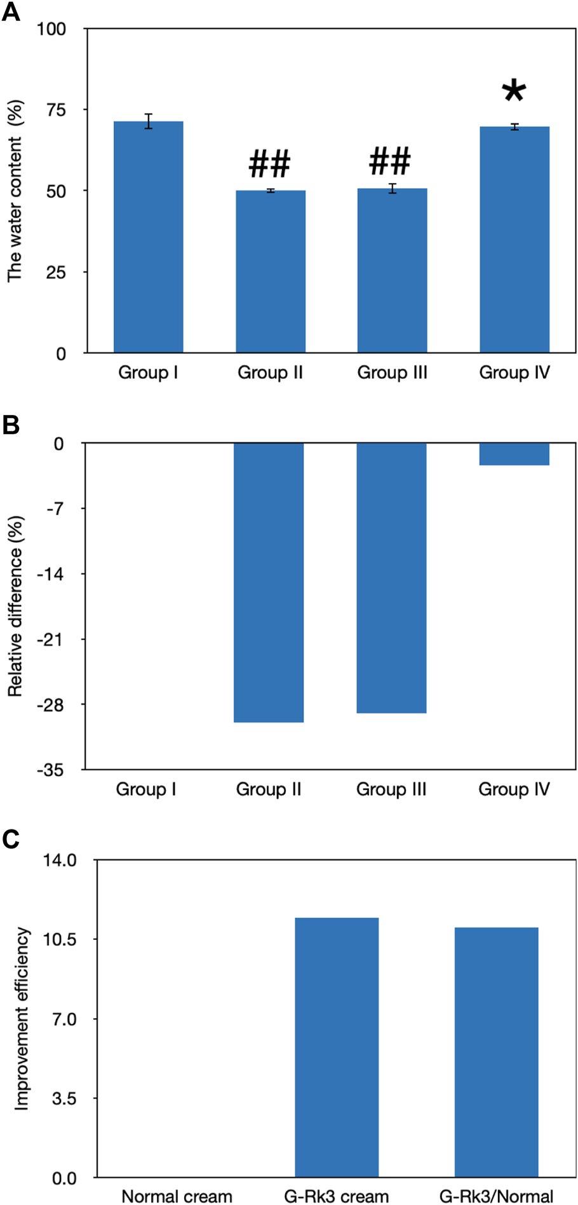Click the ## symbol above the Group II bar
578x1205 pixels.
point(269,165)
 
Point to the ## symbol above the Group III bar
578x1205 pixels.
point(390,161)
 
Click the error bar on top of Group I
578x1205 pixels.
point(148,121)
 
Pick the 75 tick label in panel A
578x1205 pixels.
point(56,110)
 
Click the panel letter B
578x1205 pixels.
point(11,425)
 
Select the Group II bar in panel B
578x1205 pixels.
point(269,582)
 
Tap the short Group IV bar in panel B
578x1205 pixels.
point(514,454)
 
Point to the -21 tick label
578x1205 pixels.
point(50,639)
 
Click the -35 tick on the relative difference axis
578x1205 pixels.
point(50,770)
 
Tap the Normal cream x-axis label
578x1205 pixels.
point(177,1196)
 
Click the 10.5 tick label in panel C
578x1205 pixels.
point(60,939)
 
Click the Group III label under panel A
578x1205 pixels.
point(392,372)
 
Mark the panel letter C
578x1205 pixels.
point(11,839)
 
